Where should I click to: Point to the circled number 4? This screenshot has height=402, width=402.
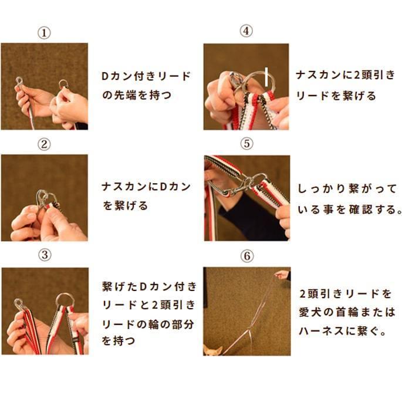tap(246, 31)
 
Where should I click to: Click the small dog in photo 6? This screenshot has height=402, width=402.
tap(213, 350)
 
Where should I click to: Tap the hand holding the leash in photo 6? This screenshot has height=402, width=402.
tap(283, 274)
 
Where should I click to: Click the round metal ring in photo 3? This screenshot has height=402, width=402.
tap(64, 300)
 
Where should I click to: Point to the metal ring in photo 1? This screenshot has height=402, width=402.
tap(63, 85)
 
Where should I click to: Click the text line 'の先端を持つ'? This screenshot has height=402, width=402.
tap(137, 94)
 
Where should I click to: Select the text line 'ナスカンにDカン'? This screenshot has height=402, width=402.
tap(146, 187)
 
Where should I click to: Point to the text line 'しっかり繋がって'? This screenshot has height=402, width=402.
tap(346, 190)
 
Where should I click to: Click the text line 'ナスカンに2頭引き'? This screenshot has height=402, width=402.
tap(345, 76)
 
